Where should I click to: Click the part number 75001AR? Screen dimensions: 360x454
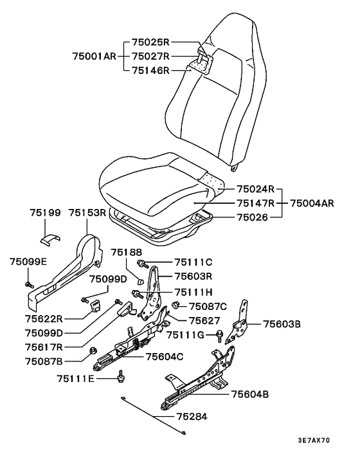click(94, 56)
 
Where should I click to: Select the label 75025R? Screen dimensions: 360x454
click(150, 42)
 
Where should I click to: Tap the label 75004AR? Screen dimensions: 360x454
click(312, 203)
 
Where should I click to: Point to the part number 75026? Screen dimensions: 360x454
click(253, 217)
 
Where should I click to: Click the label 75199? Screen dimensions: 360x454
click(46, 213)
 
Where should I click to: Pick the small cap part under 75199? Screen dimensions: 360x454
click(50, 239)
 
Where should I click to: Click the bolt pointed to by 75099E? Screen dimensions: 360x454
click(30, 285)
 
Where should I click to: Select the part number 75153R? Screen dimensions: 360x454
click(87, 213)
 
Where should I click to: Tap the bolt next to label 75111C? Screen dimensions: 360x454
click(143, 264)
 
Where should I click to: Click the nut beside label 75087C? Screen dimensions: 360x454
click(175, 305)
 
